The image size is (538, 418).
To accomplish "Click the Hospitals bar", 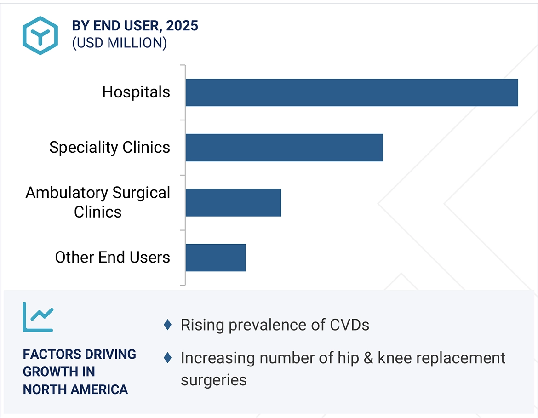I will coord(352,92).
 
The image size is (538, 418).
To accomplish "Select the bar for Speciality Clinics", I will coord(284,148).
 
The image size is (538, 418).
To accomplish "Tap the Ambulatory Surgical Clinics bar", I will coord(233,202).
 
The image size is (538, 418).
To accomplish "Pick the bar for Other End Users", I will coord(216,258).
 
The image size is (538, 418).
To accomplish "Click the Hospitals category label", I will coord(136,92).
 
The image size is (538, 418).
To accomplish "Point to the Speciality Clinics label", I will coord(110,147).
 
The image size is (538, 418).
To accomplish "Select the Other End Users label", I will coord(113,257).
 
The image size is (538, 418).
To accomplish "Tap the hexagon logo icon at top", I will coord(40,35).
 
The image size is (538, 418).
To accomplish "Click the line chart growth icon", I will coord(38,317).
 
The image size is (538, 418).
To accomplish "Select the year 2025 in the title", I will coord(182,26).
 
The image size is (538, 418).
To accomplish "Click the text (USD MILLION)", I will coord(119,43).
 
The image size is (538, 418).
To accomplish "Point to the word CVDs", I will coord(349,325).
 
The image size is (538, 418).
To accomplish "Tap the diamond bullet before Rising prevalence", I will coord(168,325).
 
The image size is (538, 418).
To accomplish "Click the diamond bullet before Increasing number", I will coord(168,357).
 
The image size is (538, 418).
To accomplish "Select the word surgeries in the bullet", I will coord(214,380).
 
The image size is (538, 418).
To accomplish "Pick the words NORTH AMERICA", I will coord(75,389).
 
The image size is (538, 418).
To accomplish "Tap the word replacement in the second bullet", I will coord(463,358).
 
